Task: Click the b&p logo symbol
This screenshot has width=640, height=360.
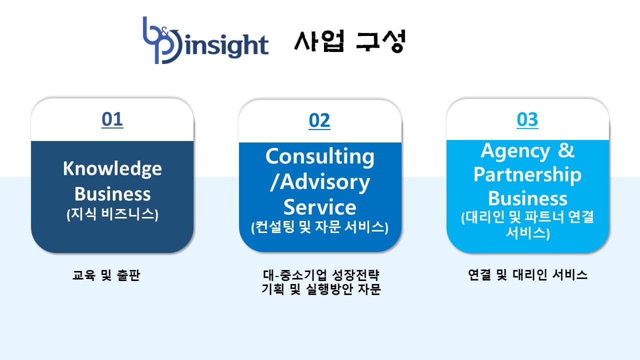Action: [162, 40]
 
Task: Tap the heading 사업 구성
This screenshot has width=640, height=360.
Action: [349, 41]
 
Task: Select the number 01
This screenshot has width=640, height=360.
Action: [112, 119]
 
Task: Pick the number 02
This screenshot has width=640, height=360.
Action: [319, 121]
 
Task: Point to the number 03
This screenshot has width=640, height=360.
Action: [527, 120]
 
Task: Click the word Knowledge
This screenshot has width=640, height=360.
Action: [112, 169]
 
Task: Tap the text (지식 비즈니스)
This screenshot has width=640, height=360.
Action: [112, 214]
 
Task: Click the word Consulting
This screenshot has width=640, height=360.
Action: [319, 157]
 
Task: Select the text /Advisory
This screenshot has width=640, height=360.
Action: [319, 182]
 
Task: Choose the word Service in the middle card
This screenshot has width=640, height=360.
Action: [319, 207]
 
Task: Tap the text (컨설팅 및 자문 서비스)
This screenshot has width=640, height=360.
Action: [319, 227]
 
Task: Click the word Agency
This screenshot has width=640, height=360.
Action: [515, 151]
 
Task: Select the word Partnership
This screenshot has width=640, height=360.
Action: [527, 174]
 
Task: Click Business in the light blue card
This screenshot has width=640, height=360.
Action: [527, 198]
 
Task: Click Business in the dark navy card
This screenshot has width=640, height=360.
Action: [112, 194]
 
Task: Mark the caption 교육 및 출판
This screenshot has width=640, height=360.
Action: [106, 275]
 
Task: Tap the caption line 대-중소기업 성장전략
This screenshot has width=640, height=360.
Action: [321, 275]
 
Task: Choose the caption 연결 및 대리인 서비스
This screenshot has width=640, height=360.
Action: [527, 275]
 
